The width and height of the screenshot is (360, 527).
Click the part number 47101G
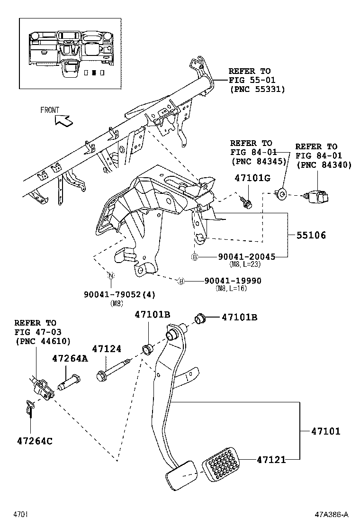tap(252, 178)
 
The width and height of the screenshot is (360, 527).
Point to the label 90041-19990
tap(233, 281)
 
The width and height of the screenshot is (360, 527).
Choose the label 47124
tap(107, 349)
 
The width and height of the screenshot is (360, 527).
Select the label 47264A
tap(70, 358)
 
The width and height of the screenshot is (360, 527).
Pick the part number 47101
tap(326, 431)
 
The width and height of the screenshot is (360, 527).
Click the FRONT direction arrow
tap(63, 120)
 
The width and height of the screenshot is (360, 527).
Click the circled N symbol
tap(111, 276)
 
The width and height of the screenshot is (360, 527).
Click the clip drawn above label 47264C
tap(29, 406)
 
